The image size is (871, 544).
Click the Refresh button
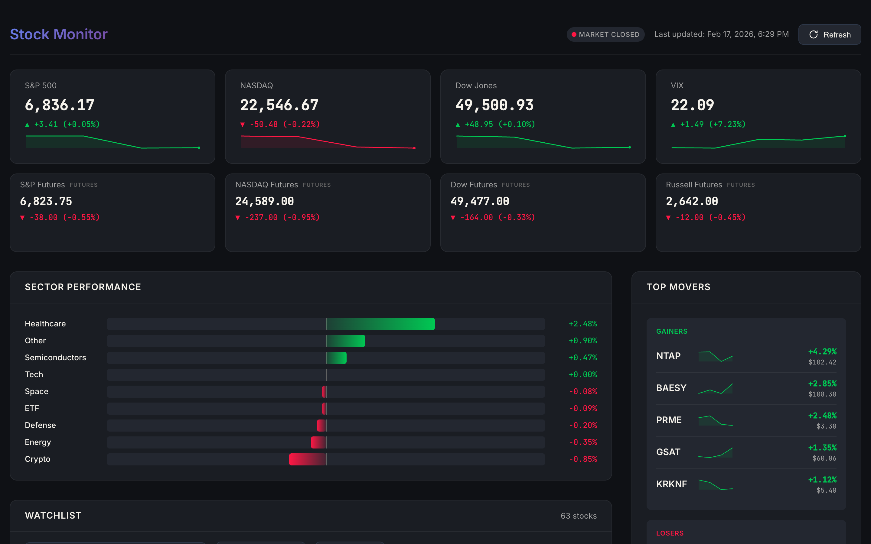click(829, 34)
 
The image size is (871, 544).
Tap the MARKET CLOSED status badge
click(605, 34)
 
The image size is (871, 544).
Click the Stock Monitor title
click(59, 34)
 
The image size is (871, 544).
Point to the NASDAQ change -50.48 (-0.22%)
click(280, 125)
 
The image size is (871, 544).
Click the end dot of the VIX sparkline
click(845, 136)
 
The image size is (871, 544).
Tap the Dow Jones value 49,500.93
click(494, 105)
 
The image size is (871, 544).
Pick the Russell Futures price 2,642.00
click(692, 201)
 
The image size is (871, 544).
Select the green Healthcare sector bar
click(380, 324)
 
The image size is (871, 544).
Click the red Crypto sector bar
click(307, 459)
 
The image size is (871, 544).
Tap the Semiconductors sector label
click(55, 358)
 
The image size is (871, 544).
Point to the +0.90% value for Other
click(582, 341)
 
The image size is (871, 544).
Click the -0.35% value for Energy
click(582, 442)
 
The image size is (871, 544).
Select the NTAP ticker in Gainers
click(668, 356)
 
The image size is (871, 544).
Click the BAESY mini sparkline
click(715, 389)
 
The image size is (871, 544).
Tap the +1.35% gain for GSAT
click(822, 448)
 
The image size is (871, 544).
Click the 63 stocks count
click(578, 516)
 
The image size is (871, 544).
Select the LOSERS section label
click(670, 533)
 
